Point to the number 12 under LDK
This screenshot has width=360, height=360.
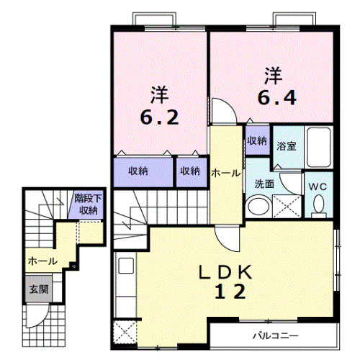230,291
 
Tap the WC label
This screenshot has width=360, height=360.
318,186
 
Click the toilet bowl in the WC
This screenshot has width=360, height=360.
319,207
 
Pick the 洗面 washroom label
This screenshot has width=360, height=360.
264,184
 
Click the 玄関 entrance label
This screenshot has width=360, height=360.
38,290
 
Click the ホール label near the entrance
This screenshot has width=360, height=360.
42,261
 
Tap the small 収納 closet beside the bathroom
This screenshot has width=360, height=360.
257,140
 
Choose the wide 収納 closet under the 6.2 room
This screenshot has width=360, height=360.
139,171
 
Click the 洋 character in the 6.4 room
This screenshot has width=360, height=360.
272,74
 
